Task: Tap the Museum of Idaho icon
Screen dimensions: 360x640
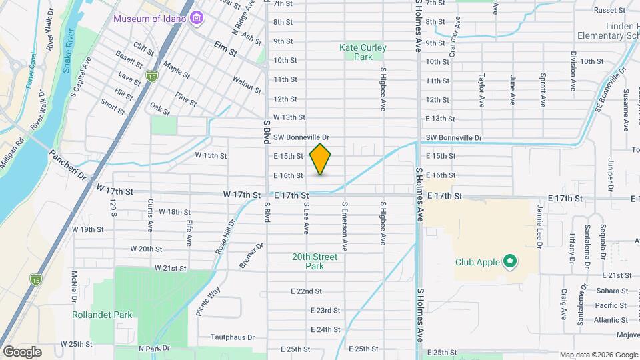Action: coord(197,18)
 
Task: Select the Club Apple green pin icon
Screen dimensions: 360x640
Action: coord(510,261)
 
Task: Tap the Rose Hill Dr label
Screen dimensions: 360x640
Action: coord(224,237)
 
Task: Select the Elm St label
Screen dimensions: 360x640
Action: coord(226,46)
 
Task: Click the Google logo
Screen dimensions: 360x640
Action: coord(22,351)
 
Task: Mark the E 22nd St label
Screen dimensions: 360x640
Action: coord(306,291)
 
